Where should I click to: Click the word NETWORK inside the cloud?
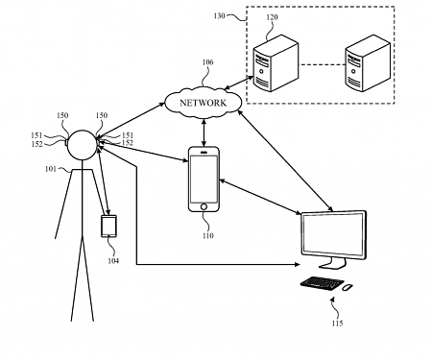[x=203, y=103]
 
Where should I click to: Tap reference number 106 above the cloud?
[x=207, y=64]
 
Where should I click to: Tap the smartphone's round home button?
[x=203, y=204]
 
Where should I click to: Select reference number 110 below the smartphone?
[x=206, y=233]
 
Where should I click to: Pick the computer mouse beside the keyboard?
[x=348, y=286]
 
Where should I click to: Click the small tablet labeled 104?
[x=109, y=228]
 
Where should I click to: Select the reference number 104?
[x=113, y=260]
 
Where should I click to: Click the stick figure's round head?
[x=82, y=147]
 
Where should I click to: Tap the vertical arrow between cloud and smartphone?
[x=203, y=131]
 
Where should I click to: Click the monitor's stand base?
[x=331, y=265]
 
